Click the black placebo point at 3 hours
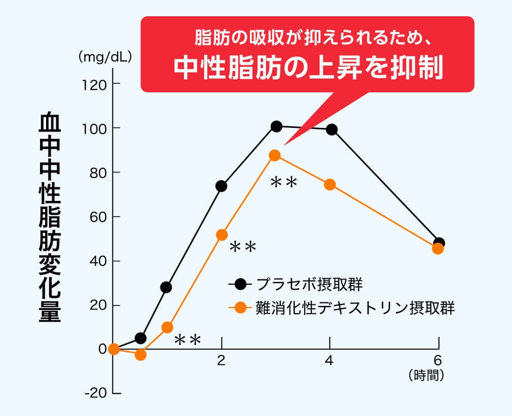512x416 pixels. (x=276, y=126)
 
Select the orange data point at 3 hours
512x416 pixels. (x=275, y=155)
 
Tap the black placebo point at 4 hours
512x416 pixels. (x=332, y=129)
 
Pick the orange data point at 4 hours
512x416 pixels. (x=330, y=184)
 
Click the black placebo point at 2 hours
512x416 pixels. (x=222, y=186)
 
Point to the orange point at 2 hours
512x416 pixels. (x=222, y=234)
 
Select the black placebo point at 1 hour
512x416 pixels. (x=166, y=287)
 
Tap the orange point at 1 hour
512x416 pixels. (x=167, y=327)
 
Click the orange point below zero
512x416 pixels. (x=141, y=355)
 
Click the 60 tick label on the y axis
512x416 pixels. (x=97, y=217)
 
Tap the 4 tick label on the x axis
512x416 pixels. (x=330, y=361)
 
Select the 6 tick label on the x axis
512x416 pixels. (x=438, y=360)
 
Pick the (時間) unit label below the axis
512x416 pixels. (x=426, y=375)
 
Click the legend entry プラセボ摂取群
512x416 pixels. (x=309, y=284)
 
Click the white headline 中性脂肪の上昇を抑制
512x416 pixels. (x=308, y=67)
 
